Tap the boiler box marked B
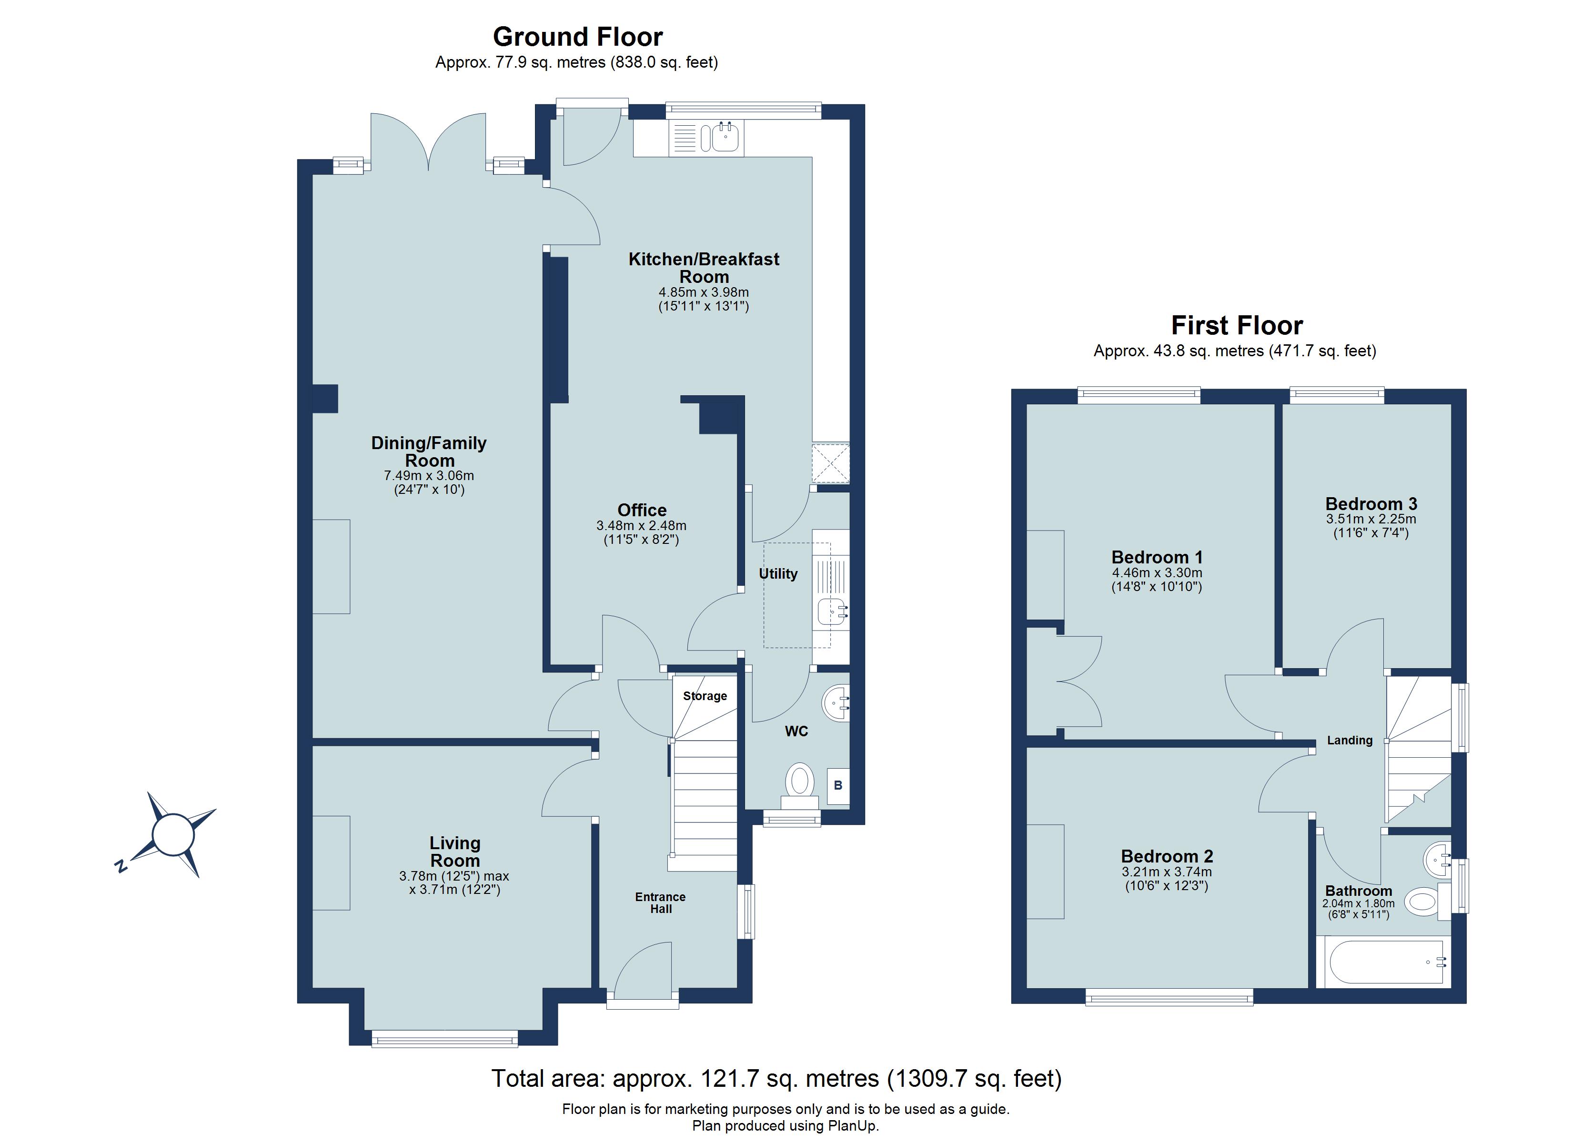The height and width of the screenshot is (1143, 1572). point(837,785)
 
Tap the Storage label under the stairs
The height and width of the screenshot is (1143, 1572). point(705,696)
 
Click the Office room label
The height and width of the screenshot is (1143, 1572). point(642,510)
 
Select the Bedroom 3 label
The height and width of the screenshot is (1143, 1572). point(1370,504)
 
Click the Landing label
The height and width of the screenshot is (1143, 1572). point(1349,740)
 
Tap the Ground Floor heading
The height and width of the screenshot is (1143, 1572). point(577,36)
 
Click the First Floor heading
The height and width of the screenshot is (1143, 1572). point(1237,325)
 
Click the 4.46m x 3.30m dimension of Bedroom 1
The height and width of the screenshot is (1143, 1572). point(1157,572)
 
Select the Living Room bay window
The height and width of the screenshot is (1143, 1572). point(444,1038)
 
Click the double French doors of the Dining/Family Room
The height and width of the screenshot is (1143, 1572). point(428,142)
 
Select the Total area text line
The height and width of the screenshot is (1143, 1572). point(776,1079)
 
